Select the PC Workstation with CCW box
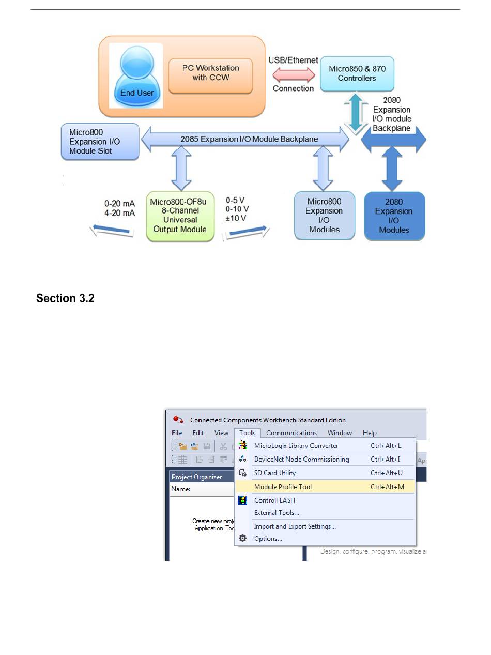[x=210, y=73]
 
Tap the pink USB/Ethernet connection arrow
[x=293, y=74]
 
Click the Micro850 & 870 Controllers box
[x=357, y=73]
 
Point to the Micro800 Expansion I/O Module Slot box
[x=100, y=141]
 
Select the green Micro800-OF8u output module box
[x=180, y=215]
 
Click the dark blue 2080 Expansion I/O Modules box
[x=394, y=216]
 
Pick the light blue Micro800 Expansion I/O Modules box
[x=324, y=216]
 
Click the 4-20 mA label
[x=120, y=213]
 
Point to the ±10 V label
[x=236, y=218]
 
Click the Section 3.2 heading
[x=65, y=298]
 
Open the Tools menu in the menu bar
[x=248, y=433]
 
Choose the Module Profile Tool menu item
[x=283, y=486]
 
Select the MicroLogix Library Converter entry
[x=296, y=446]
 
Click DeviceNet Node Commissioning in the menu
[x=301, y=459]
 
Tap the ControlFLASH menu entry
[x=274, y=500]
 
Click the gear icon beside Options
[x=242, y=538]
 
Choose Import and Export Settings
[x=295, y=526]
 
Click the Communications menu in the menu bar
[x=291, y=433]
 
